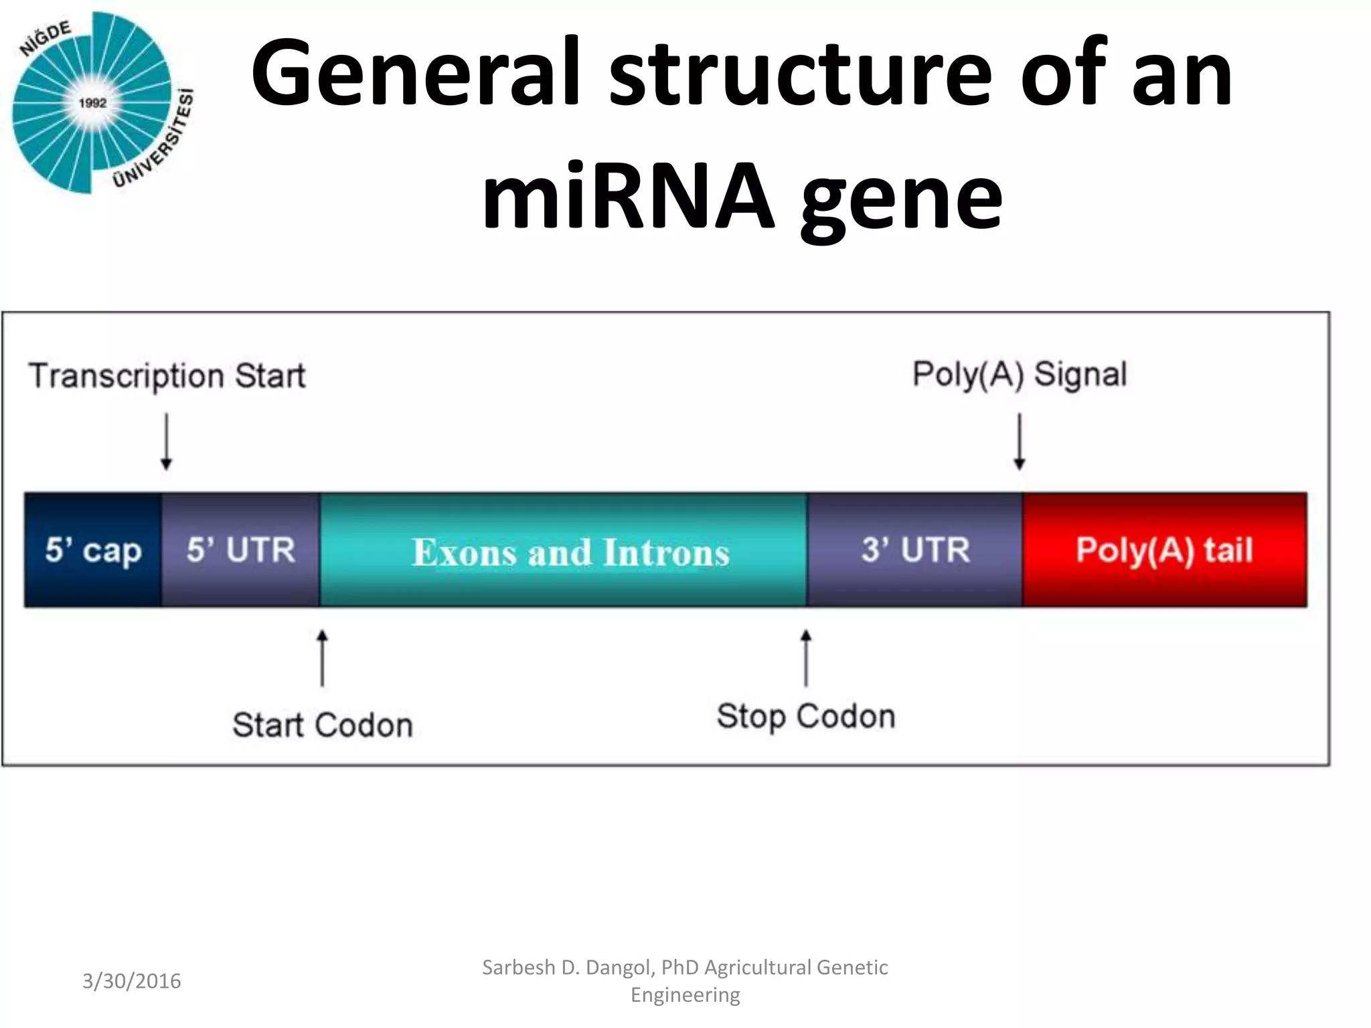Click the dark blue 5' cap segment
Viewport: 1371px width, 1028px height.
(92, 550)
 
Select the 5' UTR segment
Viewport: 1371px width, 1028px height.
(240, 550)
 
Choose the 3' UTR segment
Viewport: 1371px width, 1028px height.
(915, 550)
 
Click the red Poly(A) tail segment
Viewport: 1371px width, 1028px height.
(1164, 550)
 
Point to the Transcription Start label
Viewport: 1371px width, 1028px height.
(167, 375)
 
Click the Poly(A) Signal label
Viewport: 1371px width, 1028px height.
(1020, 374)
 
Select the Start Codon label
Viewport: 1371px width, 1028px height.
(323, 725)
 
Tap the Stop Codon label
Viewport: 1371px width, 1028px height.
(806, 716)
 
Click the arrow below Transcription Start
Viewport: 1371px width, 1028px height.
(167, 442)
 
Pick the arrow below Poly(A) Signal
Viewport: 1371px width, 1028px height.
(1019, 442)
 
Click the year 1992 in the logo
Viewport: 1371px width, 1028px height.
(92, 103)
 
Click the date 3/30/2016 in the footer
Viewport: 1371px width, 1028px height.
(131, 981)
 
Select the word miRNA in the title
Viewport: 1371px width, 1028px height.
(628, 195)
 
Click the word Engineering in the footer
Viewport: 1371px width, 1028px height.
(685, 995)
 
